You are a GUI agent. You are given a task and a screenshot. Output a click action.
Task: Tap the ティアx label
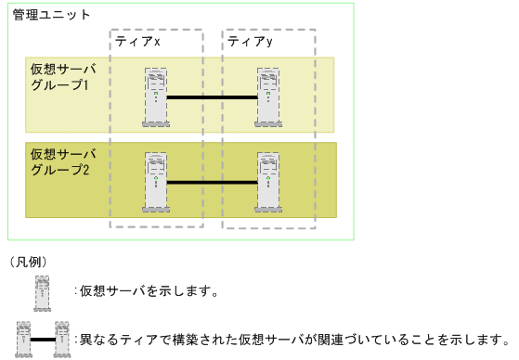point(138,43)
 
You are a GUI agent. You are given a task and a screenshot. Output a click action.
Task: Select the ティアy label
point(251,43)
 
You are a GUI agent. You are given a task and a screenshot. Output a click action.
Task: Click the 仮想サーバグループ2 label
point(58,162)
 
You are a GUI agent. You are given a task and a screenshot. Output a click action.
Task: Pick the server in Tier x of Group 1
point(156,96)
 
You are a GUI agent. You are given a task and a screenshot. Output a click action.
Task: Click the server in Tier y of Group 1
point(269,96)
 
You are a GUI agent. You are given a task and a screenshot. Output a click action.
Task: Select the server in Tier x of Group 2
point(156,182)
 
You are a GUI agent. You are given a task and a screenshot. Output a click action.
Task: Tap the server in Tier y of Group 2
point(269,182)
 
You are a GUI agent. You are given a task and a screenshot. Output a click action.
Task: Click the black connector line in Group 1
point(213,97)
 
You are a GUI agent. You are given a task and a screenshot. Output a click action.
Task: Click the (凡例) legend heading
point(28,264)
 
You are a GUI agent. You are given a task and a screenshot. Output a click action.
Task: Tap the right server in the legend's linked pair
point(63,339)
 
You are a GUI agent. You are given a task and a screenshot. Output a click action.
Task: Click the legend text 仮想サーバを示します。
point(149,292)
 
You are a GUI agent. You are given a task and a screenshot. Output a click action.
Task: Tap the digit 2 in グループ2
point(85,171)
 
